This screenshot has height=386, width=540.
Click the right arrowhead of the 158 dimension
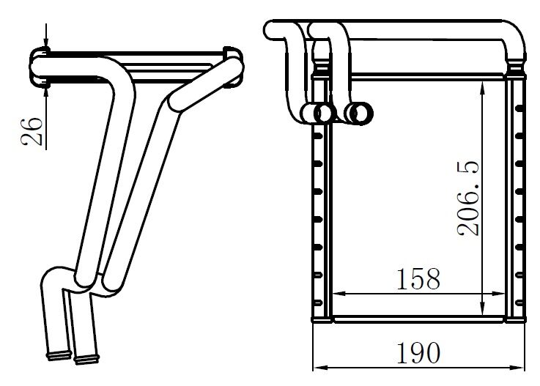[x=503, y=295]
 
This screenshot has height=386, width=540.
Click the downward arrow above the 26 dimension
[x=46, y=43]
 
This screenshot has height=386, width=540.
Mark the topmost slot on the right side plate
[x=519, y=108]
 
